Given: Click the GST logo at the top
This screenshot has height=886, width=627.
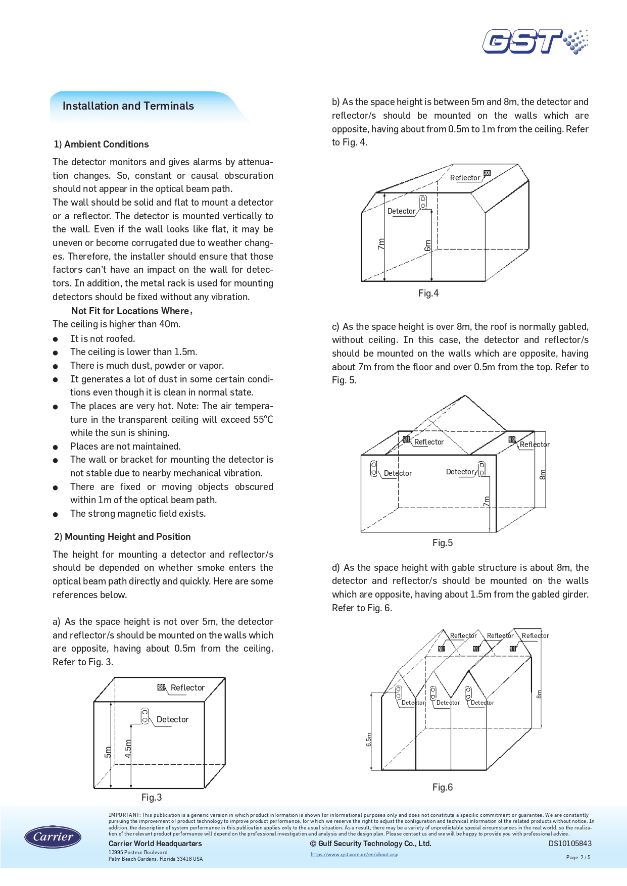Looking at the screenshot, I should click(535, 41).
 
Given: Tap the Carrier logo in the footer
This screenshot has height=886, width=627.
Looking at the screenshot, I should click(53, 837).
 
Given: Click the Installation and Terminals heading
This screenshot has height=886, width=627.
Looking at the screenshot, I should click(128, 106).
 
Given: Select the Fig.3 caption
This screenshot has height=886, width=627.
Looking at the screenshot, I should click(152, 797).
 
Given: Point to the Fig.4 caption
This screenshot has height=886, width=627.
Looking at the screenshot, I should click(428, 293).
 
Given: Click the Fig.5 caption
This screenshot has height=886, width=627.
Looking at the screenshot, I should click(443, 543).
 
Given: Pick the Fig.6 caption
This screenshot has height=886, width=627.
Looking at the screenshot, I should click(443, 787).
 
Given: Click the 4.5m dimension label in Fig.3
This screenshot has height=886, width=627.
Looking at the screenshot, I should click(128, 748).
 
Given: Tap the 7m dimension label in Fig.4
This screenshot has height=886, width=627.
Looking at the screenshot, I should click(381, 244).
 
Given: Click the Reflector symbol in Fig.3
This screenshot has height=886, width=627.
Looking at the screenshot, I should click(162, 687).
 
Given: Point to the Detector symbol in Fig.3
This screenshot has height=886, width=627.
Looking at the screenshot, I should click(145, 716).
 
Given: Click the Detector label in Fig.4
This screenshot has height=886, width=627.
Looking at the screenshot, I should click(401, 211).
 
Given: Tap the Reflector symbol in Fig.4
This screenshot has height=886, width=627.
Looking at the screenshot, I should click(487, 173).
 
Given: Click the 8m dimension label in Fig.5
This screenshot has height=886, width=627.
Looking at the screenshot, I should click(543, 474).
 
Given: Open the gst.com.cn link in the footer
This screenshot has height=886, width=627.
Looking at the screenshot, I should click(354, 855).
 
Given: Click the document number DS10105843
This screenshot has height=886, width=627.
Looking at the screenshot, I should click(570, 844).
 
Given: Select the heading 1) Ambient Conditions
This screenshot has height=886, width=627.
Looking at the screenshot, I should click(102, 144).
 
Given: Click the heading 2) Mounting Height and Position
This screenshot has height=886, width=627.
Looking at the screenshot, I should click(123, 537).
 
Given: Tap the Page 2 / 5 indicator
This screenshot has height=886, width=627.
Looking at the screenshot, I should click(578, 857).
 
